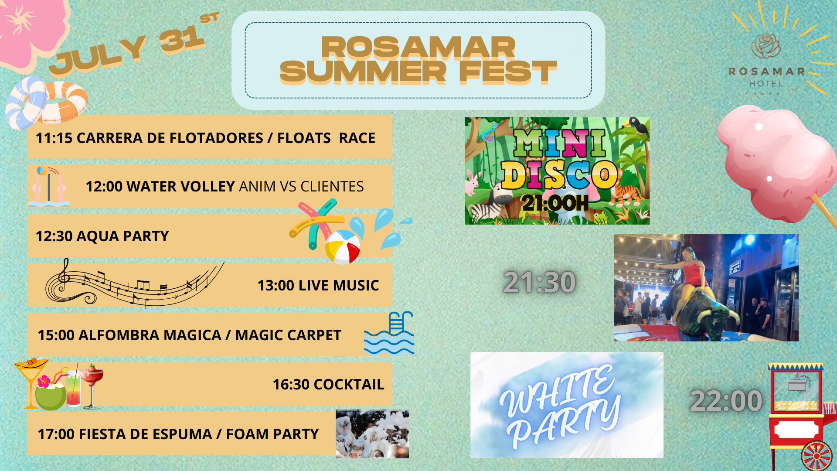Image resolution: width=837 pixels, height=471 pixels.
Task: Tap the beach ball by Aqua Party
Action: [x=343, y=247]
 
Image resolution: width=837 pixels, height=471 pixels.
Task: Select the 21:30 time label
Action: [x=539, y=282]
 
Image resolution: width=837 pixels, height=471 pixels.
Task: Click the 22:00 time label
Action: [x=726, y=400]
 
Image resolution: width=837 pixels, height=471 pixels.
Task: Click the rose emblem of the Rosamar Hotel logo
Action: [x=766, y=46]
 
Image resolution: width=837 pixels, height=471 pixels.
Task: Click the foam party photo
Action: [x=372, y=434]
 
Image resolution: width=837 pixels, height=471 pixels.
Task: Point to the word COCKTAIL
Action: [x=349, y=384]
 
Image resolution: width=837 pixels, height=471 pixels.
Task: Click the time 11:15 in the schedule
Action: [x=54, y=138]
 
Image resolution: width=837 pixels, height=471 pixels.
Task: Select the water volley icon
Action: [x=49, y=186]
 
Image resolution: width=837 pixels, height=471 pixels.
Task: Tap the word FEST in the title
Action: [x=508, y=72]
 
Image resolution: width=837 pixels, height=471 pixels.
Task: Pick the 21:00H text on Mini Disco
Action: [x=555, y=203]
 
